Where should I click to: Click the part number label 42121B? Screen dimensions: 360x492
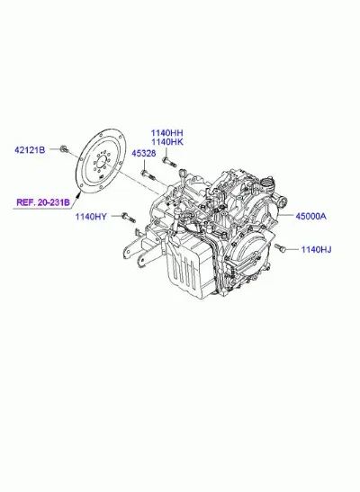(x=30, y=150)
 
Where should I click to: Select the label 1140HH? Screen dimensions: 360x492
(x=167, y=133)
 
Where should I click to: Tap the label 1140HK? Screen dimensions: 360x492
(x=167, y=142)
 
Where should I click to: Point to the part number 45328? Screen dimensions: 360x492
(x=143, y=154)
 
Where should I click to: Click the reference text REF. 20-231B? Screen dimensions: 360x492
(x=43, y=202)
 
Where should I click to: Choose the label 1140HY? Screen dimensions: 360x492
(x=91, y=217)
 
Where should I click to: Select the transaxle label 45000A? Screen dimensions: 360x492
(x=310, y=216)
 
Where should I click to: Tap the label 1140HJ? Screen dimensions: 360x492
(x=316, y=249)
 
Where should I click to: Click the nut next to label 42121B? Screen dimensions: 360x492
(x=64, y=149)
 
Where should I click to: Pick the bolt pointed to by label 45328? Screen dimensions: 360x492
(x=148, y=175)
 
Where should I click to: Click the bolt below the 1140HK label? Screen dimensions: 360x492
(x=169, y=162)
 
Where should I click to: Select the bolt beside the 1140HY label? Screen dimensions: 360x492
(x=128, y=218)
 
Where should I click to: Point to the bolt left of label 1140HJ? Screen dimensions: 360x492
(x=280, y=248)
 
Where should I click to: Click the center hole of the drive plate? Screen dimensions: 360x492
(x=101, y=164)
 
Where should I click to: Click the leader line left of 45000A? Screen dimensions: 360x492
(x=285, y=216)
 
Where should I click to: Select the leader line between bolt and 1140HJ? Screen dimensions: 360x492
(x=292, y=249)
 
